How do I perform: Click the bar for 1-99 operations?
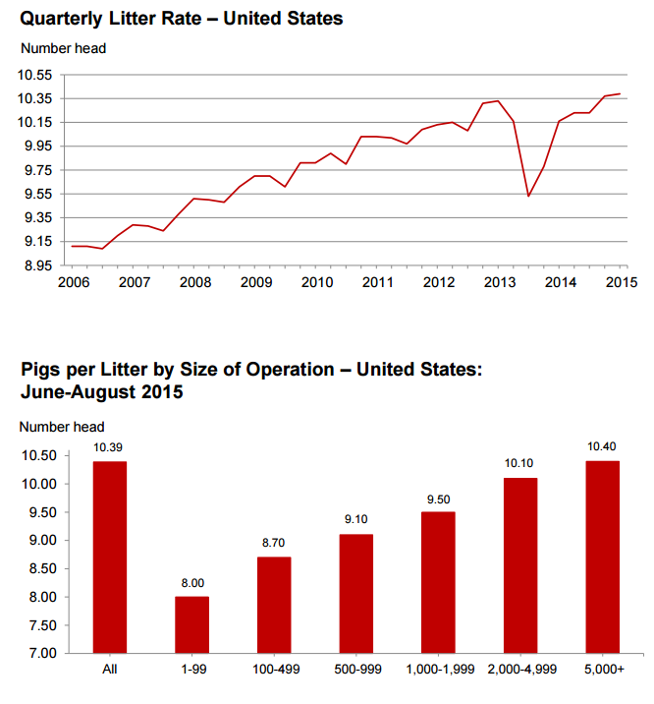point(192,624)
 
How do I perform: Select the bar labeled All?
point(110,557)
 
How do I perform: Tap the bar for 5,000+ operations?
point(604,557)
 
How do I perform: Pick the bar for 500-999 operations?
point(356,593)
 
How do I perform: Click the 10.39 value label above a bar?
point(110,448)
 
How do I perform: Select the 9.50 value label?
point(439,499)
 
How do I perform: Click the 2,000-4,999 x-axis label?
point(521,669)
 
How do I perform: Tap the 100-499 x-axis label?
point(275,669)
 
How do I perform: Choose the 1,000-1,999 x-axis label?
point(439,669)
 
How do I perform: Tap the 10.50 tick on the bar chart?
point(40,455)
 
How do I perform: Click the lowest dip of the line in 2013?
point(529,196)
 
